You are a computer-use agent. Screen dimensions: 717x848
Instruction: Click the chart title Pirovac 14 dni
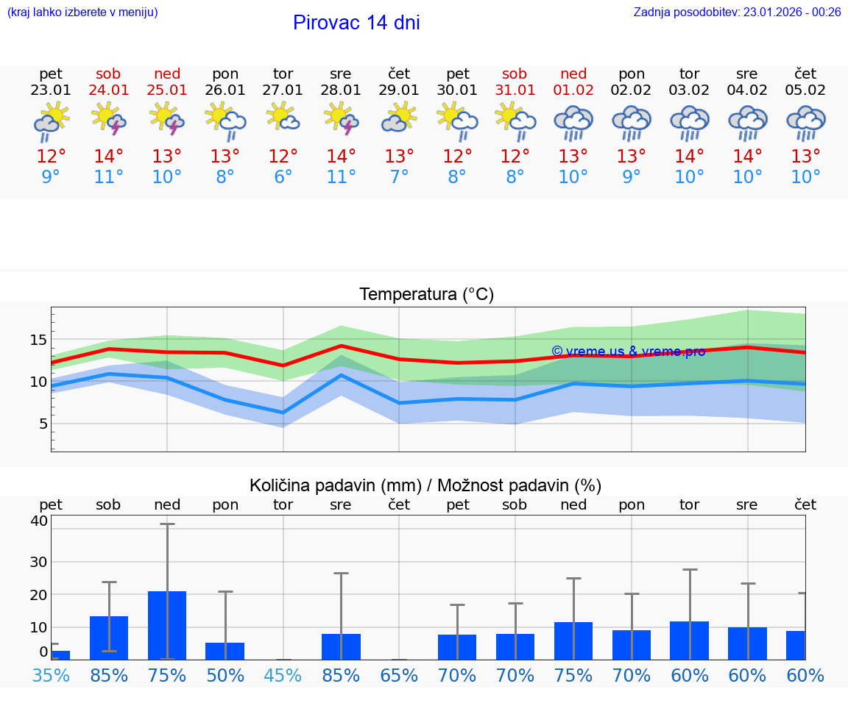[x=356, y=23]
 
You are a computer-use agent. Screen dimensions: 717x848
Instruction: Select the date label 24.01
[x=109, y=90]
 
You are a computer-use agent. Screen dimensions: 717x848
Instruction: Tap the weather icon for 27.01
[x=283, y=118]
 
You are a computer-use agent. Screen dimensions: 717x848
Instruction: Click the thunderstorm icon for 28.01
[x=341, y=119]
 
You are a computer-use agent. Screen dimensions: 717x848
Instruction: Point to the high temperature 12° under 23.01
[x=51, y=157]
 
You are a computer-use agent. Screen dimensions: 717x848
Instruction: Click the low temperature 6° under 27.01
[x=283, y=177]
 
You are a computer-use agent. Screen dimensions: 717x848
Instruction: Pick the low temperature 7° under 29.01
[x=399, y=177]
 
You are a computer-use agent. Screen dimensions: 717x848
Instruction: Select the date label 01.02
[x=573, y=90]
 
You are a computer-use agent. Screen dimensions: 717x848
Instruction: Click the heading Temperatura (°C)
[x=426, y=295]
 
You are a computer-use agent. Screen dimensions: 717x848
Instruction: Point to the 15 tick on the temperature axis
[x=38, y=340]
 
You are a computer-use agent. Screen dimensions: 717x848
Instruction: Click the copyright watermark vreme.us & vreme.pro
[x=628, y=352]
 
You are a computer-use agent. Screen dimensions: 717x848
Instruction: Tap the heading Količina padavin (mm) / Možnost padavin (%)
[x=425, y=485]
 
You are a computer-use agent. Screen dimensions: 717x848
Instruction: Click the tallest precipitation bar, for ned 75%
[x=167, y=625]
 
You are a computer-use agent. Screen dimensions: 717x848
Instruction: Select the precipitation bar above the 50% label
[x=225, y=651]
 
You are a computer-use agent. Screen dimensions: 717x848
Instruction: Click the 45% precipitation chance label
[x=283, y=676]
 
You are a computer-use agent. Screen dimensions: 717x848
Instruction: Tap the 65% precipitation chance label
[x=399, y=676]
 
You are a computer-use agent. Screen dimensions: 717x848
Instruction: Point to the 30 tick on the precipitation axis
[x=38, y=561]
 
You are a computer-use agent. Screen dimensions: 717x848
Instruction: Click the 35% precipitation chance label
[x=51, y=676]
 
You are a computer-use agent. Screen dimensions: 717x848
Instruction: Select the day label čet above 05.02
[x=805, y=74]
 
